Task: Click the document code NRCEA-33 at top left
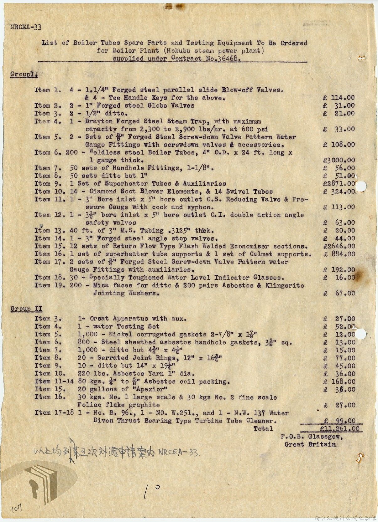pos(26,27)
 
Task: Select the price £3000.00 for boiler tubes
pos(339,160)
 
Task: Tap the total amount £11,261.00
pos(340,429)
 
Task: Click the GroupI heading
pos(24,74)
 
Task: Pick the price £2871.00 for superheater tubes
pos(339,184)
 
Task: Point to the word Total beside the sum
pos(263,429)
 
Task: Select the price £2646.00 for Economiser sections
pos(339,246)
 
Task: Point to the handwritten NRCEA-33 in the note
pos(178,453)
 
